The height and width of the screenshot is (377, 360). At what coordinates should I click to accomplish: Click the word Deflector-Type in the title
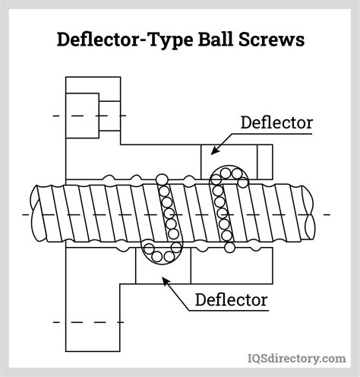[114, 39]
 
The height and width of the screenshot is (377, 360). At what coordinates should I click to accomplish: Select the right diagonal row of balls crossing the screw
[222, 213]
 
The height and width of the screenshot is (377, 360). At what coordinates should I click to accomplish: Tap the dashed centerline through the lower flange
[84, 323]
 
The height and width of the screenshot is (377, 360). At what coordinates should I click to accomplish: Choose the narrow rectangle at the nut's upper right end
[264, 162]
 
